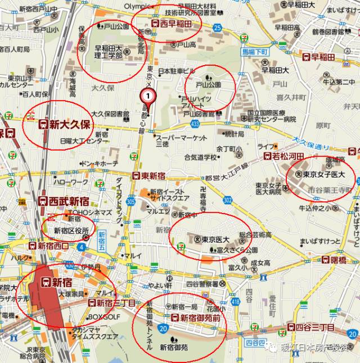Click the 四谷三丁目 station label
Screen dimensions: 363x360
(x=310, y=327)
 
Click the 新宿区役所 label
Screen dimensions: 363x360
(x=71, y=230)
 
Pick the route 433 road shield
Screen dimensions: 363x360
(x=195, y=123)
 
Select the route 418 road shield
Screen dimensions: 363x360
(x=235, y=302)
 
